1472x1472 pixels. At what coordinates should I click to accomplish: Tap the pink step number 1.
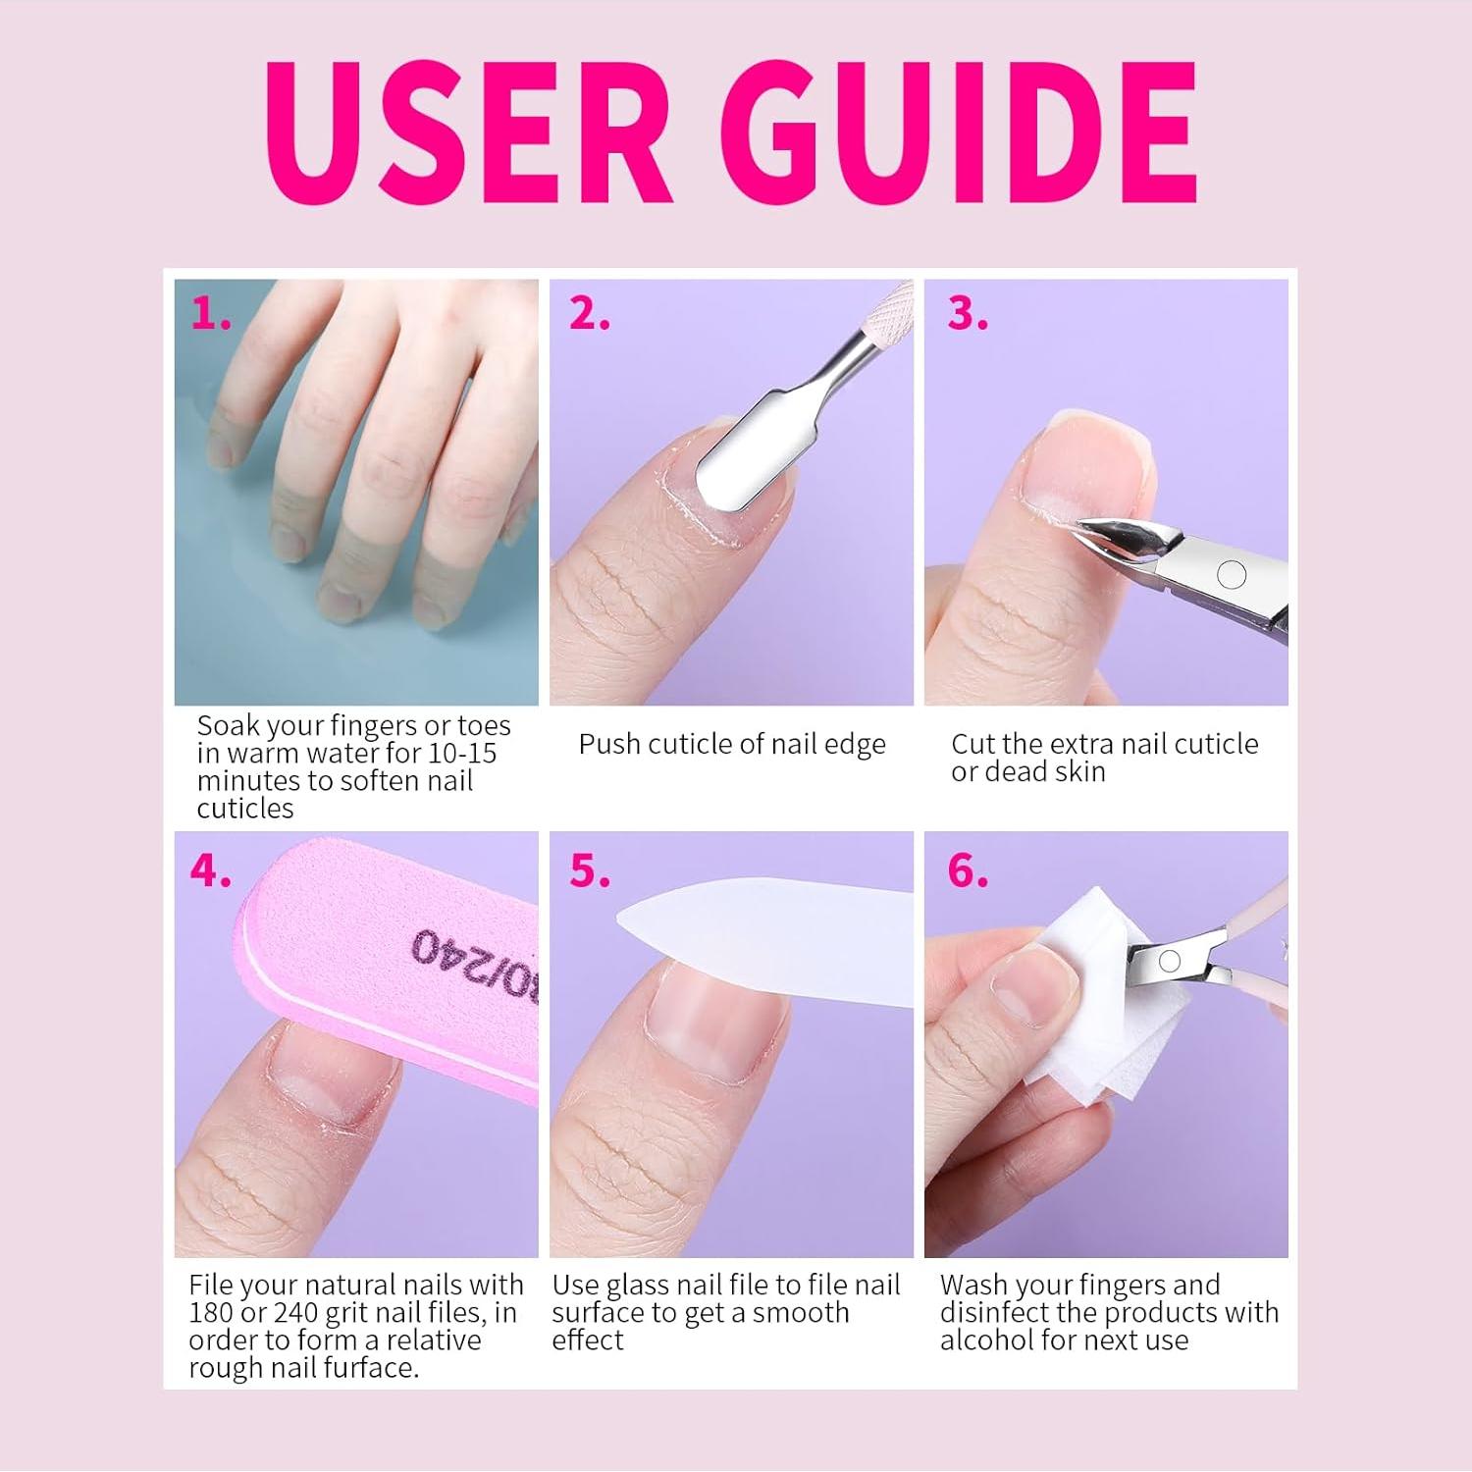tap(211, 314)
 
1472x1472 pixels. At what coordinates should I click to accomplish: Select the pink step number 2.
tap(589, 314)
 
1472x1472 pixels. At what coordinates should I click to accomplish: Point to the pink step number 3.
tap(967, 314)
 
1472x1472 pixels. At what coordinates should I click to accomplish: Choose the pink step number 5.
tap(589, 870)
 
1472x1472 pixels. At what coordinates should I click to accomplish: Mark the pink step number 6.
tap(967, 870)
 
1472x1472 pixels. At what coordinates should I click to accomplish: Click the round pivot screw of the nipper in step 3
tap(1231, 574)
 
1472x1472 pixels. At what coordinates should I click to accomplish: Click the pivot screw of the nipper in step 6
tap(1169, 962)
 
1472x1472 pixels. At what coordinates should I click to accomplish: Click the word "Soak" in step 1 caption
tap(228, 726)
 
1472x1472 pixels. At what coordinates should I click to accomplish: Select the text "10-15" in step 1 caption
tap(462, 754)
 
